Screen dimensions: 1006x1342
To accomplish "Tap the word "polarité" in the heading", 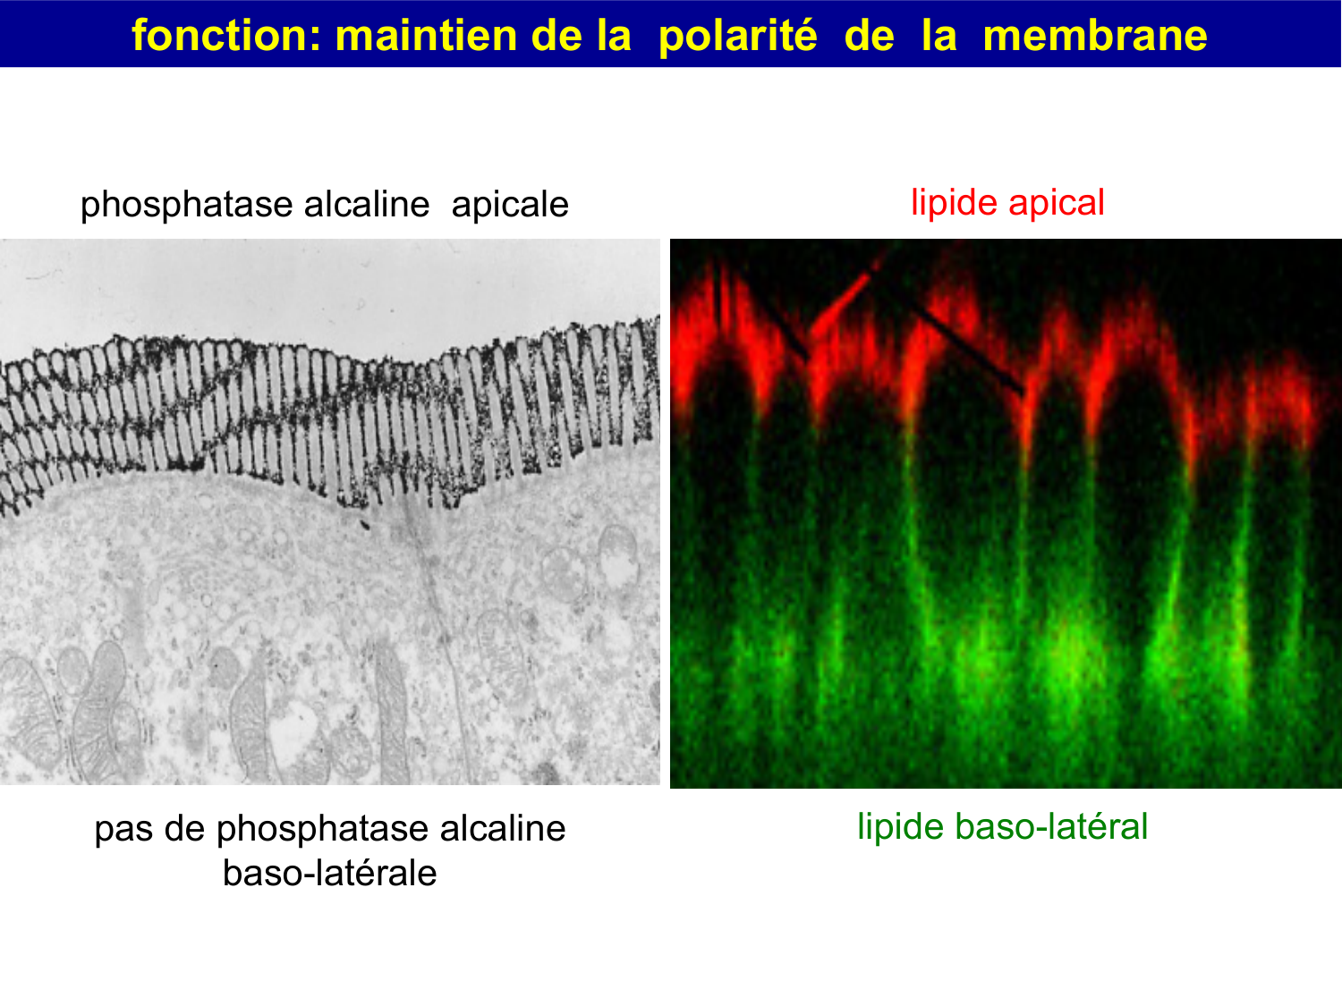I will [737, 36].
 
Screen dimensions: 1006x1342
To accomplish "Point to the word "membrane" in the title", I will [1094, 36].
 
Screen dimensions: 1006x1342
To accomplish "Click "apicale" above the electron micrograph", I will [510, 205].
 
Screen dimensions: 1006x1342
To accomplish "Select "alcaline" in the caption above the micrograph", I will [367, 205].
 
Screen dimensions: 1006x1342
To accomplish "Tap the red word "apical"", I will [1057, 203].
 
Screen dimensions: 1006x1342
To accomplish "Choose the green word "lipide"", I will [901, 827].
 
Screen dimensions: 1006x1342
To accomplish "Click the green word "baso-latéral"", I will [1051, 827].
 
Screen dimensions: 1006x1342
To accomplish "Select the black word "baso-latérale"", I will [329, 874].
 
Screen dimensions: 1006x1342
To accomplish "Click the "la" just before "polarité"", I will [613, 36].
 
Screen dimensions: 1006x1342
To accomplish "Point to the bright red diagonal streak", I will [841, 302].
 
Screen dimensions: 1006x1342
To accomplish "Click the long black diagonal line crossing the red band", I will [966, 345].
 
